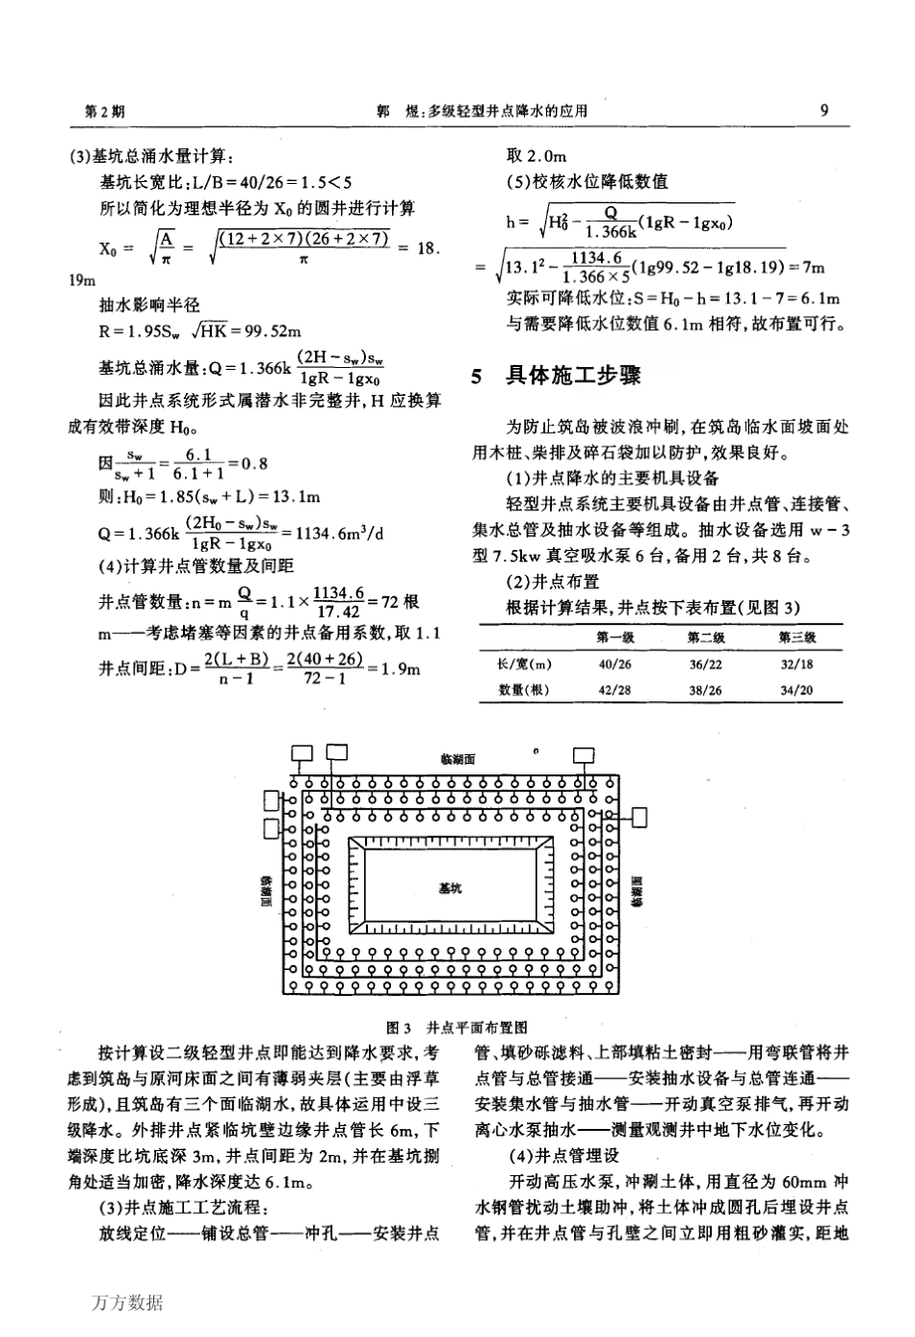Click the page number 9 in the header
pos(823,110)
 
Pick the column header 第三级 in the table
pos(798,638)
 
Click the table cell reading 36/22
pos(706,665)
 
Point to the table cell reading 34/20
pos(797,690)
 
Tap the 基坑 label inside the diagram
pos(450,887)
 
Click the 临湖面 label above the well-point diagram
pos(457,759)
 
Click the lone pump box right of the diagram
pos(638,817)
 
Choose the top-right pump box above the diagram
pos(584,754)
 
